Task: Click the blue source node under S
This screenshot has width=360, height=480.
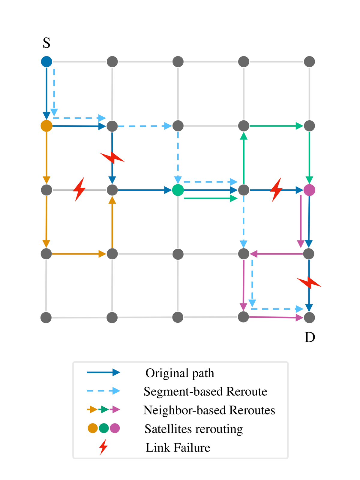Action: point(46,62)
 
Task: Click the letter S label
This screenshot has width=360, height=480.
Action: point(46,43)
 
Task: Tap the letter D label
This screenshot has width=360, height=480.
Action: point(310,337)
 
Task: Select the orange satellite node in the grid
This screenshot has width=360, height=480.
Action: point(46,126)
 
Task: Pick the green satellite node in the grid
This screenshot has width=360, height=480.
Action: point(178,190)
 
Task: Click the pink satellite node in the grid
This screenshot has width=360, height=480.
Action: point(309,190)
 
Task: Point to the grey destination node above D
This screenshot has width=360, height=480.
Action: point(309,317)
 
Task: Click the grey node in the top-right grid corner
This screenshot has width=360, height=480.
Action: point(309,62)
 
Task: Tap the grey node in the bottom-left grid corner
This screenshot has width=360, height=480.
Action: point(46,317)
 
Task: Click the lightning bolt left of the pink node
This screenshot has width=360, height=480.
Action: point(276,189)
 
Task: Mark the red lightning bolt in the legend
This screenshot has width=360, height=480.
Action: point(103,447)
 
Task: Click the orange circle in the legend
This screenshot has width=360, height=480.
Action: point(93,428)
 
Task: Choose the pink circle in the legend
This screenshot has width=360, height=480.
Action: point(115,428)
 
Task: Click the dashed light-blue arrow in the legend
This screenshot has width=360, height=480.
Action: point(103,391)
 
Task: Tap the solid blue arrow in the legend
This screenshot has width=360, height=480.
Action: point(103,373)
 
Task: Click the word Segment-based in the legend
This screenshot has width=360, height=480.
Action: point(183,391)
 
